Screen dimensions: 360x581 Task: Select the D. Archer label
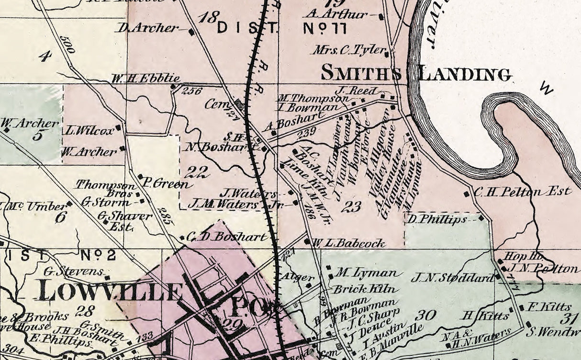(147, 28)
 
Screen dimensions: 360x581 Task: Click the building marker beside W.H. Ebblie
(173, 87)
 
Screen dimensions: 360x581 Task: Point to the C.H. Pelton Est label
(523, 192)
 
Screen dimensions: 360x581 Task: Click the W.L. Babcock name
(349, 243)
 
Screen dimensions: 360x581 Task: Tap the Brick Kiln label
(364, 289)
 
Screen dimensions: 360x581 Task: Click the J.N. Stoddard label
(452, 277)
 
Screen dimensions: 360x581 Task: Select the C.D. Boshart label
(226, 236)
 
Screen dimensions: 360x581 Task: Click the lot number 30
(425, 315)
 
